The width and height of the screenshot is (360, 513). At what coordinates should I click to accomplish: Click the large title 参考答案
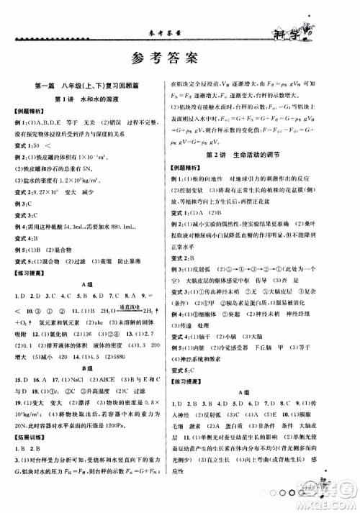click(x=180, y=58)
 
